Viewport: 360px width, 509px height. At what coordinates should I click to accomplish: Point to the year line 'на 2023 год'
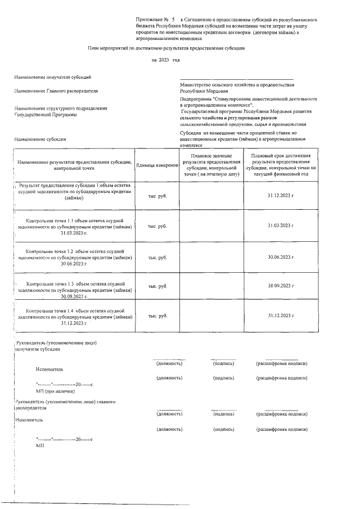pyautogui.click(x=166, y=60)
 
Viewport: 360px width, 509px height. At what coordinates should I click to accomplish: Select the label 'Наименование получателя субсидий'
pyautogui.click(x=53, y=77)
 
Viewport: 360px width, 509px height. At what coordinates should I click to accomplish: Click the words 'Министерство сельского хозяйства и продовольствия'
pyautogui.click(x=237, y=84)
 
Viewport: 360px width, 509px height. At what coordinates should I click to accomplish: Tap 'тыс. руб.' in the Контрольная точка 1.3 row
pyautogui.click(x=157, y=286)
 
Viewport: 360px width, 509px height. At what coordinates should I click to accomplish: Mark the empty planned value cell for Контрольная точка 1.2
pyautogui.click(x=211, y=257)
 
